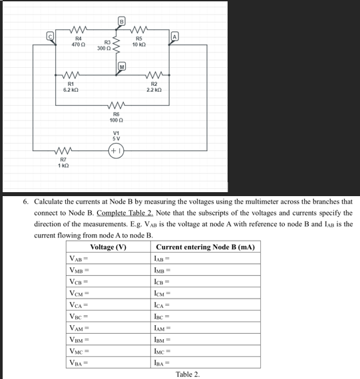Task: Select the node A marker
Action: click(x=175, y=35)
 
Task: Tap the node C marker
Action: click(x=49, y=35)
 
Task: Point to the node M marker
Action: click(x=122, y=66)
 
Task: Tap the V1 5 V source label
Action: click(x=116, y=136)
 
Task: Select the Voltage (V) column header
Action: click(x=108, y=247)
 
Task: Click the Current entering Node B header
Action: click(x=204, y=247)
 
